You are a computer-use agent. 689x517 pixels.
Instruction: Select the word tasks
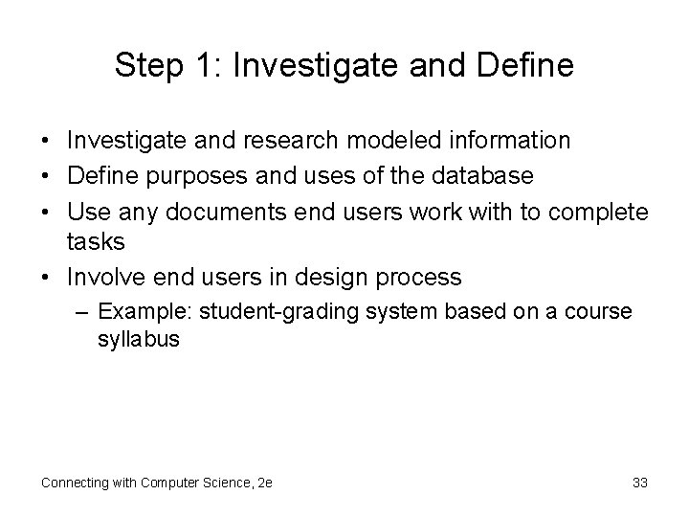[x=97, y=242]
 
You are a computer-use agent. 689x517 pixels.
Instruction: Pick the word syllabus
[x=138, y=340]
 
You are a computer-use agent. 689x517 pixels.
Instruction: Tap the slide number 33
[x=640, y=483]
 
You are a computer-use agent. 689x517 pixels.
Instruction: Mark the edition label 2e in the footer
[x=264, y=483]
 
